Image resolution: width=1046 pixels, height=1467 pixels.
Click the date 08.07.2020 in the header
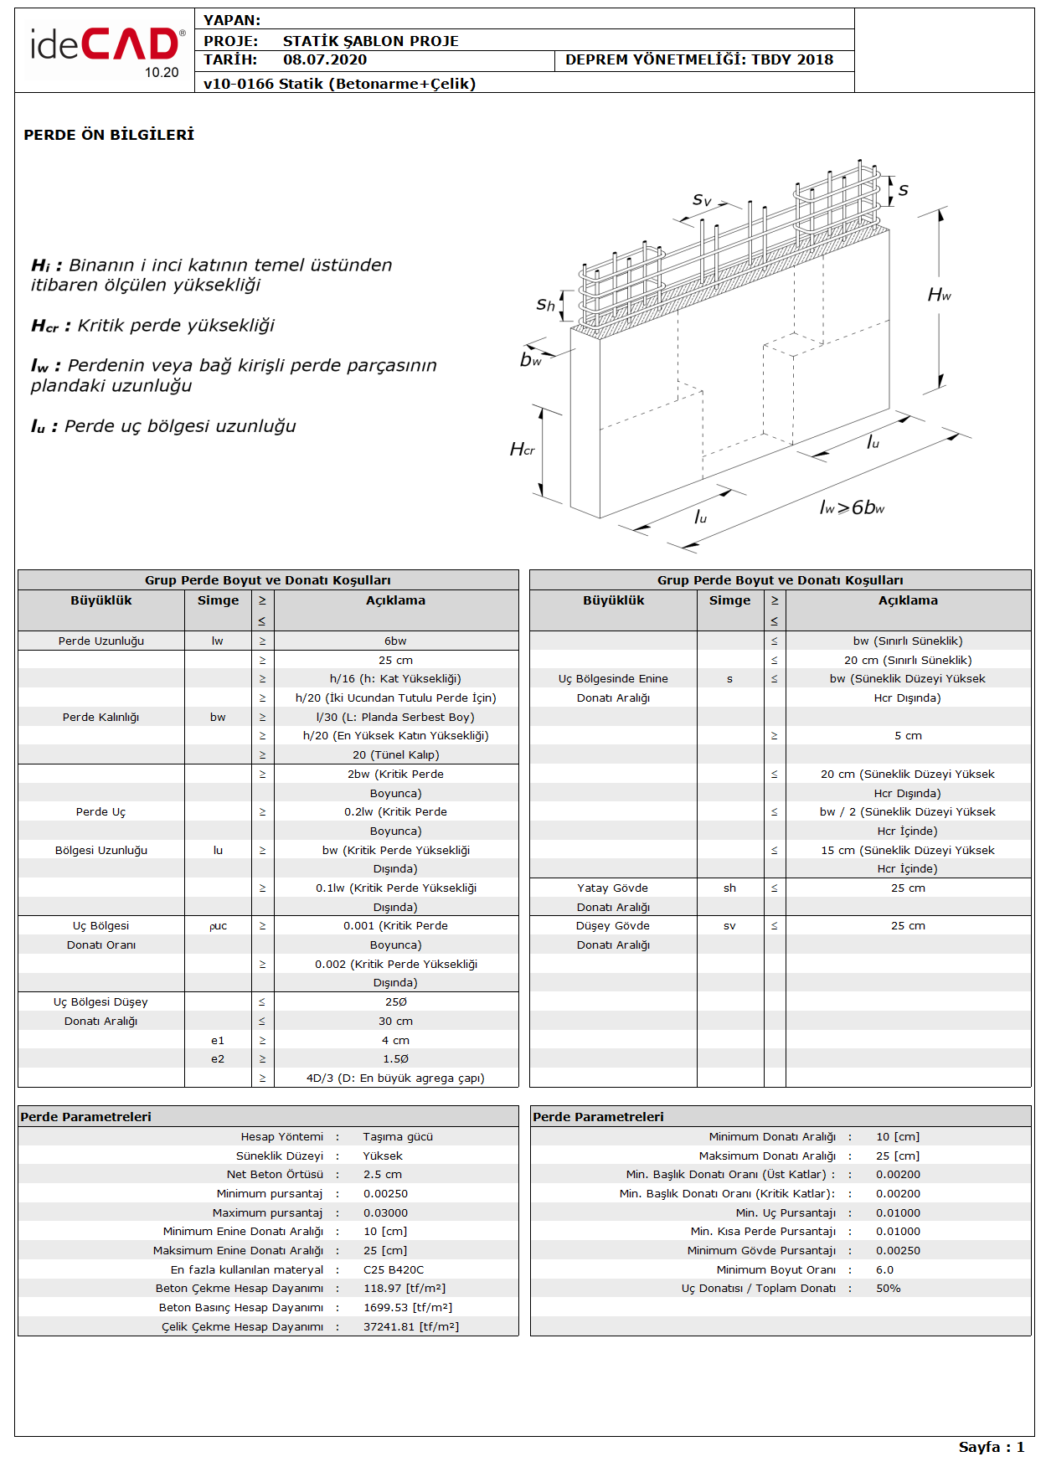(x=325, y=59)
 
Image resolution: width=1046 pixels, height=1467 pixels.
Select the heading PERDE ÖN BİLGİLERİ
(x=109, y=135)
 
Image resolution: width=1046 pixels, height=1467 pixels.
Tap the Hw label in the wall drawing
(x=939, y=295)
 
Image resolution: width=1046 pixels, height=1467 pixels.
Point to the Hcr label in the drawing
(x=522, y=450)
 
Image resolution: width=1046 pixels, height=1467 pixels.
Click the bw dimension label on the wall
(x=531, y=359)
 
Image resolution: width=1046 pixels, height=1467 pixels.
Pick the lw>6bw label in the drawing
(x=852, y=507)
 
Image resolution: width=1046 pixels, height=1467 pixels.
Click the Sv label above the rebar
(x=702, y=199)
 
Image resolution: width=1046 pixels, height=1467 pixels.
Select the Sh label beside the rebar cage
(x=545, y=305)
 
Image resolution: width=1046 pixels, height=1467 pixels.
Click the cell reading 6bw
(x=395, y=641)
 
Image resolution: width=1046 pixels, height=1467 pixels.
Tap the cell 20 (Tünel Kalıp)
(x=395, y=755)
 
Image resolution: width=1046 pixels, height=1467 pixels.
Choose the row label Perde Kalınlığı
(x=100, y=718)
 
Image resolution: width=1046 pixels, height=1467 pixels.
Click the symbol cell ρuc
(x=218, y=926)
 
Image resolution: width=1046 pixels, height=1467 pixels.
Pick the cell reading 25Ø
(x=395, y=1002)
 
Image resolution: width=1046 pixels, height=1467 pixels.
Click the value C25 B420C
(x=394, y=1270)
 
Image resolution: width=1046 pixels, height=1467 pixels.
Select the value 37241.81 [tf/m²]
(x=411, y=1327)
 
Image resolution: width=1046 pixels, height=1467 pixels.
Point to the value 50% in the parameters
(x=889, y=1289)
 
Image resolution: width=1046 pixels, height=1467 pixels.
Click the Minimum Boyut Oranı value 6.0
(x=884, y=1270)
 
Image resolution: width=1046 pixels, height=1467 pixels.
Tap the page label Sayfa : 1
(x=992, y=1447)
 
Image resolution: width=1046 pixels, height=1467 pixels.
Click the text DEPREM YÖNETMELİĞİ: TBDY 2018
(x=699, y=59)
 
